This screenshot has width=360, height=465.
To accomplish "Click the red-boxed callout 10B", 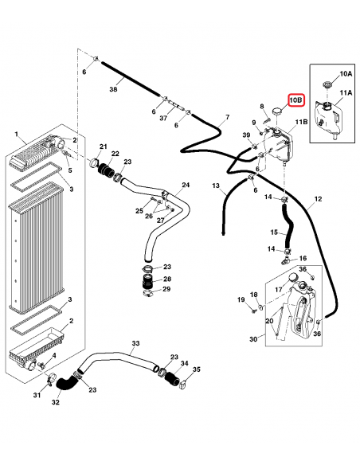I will (295, 100).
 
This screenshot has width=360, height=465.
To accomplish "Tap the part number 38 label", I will (113, 90).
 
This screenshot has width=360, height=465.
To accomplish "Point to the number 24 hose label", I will (186, 186).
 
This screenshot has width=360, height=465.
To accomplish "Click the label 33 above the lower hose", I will (135, 343).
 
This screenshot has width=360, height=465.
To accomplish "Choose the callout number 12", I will (318, 198).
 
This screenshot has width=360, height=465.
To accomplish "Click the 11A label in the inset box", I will (346, 93).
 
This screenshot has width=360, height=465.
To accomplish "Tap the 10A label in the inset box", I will (346, 73).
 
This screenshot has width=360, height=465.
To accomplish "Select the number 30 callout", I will (253, 338).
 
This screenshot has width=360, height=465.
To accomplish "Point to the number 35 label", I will (197, 370).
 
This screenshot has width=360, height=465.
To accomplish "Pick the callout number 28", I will (166, 279).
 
